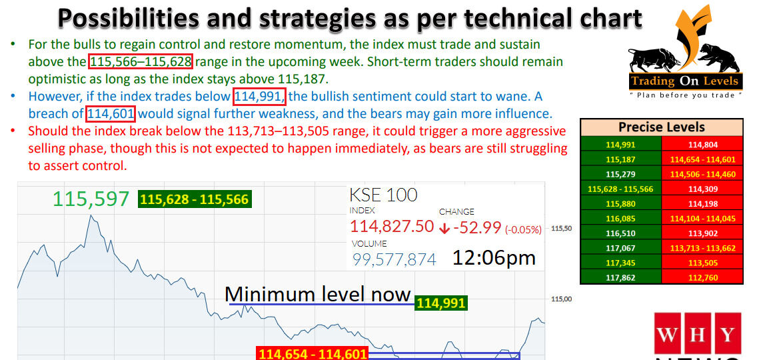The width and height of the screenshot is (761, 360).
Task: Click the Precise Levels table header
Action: pyautogui.click(x=661, y=127)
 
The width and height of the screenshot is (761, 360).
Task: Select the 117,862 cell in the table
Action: pyautogui.click(x=620, y=277)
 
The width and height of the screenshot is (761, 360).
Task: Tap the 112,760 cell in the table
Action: pyautogui.click(x=703, y=277)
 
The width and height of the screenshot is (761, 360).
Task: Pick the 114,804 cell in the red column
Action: pyautogui.click(x=703, y=143)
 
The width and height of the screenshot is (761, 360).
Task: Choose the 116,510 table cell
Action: pyautogui.click(x=620, y=233)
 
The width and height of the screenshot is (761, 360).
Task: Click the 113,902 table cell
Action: pyautogui.click(x=703, y=233)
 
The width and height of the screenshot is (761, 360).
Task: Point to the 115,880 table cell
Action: pyautogui.click(x=620, y=203)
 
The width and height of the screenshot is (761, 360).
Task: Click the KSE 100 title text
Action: pyautogui.click(x=383, y=195)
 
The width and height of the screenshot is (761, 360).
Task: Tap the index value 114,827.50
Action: pyautogui.click(x=392, y=227)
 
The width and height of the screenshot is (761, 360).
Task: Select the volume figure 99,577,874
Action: pyautogui.click(x=394, y=259)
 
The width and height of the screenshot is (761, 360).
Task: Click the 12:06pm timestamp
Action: pyautogui.click(x=494, y=258)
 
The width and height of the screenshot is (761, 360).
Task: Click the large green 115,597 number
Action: pyautogui.click(x=91, y=199)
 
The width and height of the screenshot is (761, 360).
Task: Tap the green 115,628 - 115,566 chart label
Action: pyautogui.click(x=194, y=199)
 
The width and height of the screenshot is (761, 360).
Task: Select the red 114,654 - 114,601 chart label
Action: pyautogui.click(x=312, y=353)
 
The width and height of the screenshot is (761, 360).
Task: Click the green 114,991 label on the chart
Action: pyautogui.click(x=440, y=304)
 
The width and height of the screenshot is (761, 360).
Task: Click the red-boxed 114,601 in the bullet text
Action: pyautogui.click(x=111, y=113)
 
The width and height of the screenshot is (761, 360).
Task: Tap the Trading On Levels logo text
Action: pyautogui.click(x=684, y=81)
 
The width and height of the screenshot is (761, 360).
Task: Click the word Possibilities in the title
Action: pyautogui.click(x=134, y=18)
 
